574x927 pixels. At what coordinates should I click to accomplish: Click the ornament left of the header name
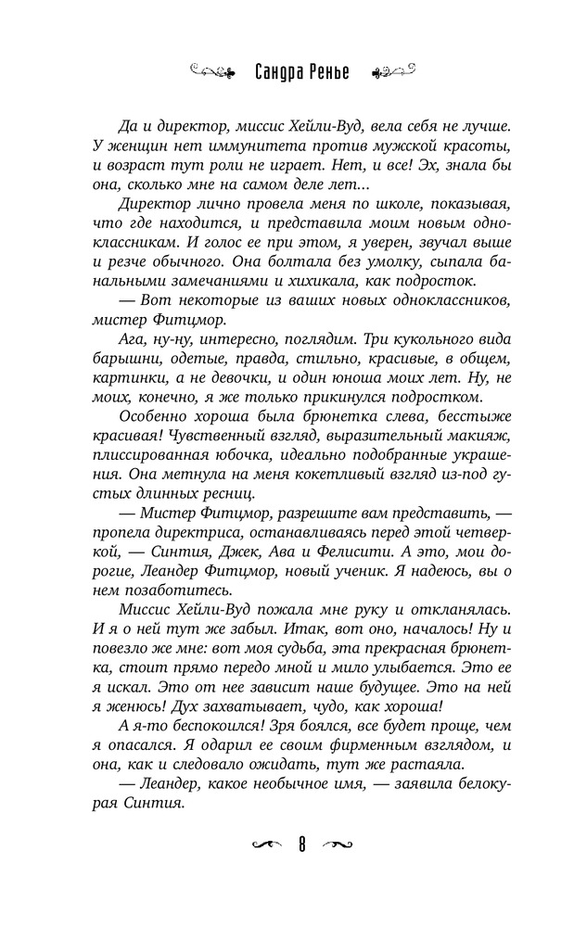[212, 71]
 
